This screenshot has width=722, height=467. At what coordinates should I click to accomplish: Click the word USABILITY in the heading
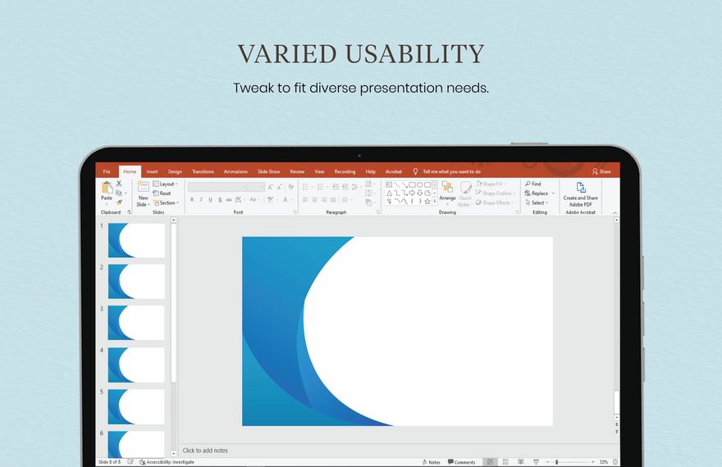tap(415, 54)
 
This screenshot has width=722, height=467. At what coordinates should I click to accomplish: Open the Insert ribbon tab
tap(152, 171)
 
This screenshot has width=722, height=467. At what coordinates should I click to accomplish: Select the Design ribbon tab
tap(175, 171)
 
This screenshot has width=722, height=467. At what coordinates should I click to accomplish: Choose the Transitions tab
tap(203, 171)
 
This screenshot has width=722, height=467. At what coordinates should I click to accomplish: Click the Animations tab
tap(235, 171)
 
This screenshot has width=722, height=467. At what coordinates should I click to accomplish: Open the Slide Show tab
tap(268, 171)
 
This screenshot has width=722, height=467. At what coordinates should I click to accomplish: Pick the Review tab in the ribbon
tap(297, 171)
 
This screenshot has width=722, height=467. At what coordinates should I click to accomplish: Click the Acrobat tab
tap(394, 171)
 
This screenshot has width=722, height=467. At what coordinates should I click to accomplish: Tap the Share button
tap(601, 171)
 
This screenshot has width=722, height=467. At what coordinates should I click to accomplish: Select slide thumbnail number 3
tap(136, 323)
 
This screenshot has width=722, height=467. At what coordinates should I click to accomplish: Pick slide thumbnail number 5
tap(136, 406)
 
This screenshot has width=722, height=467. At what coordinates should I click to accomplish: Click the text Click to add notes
tap(205, 451)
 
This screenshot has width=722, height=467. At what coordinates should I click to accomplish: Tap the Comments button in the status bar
tap(461, 462)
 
